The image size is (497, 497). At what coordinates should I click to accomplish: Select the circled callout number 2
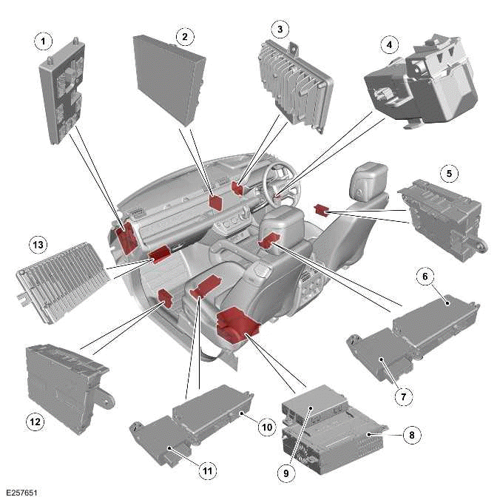click(x=184, y=36)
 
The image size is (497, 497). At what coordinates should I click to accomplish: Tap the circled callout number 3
click(x=279, y=30)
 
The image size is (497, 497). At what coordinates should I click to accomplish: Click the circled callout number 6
click(x=425, y=277)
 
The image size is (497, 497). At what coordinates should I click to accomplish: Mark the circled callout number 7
click(x=402, y=397)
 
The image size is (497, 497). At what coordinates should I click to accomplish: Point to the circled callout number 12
click(x=35, y=422)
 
